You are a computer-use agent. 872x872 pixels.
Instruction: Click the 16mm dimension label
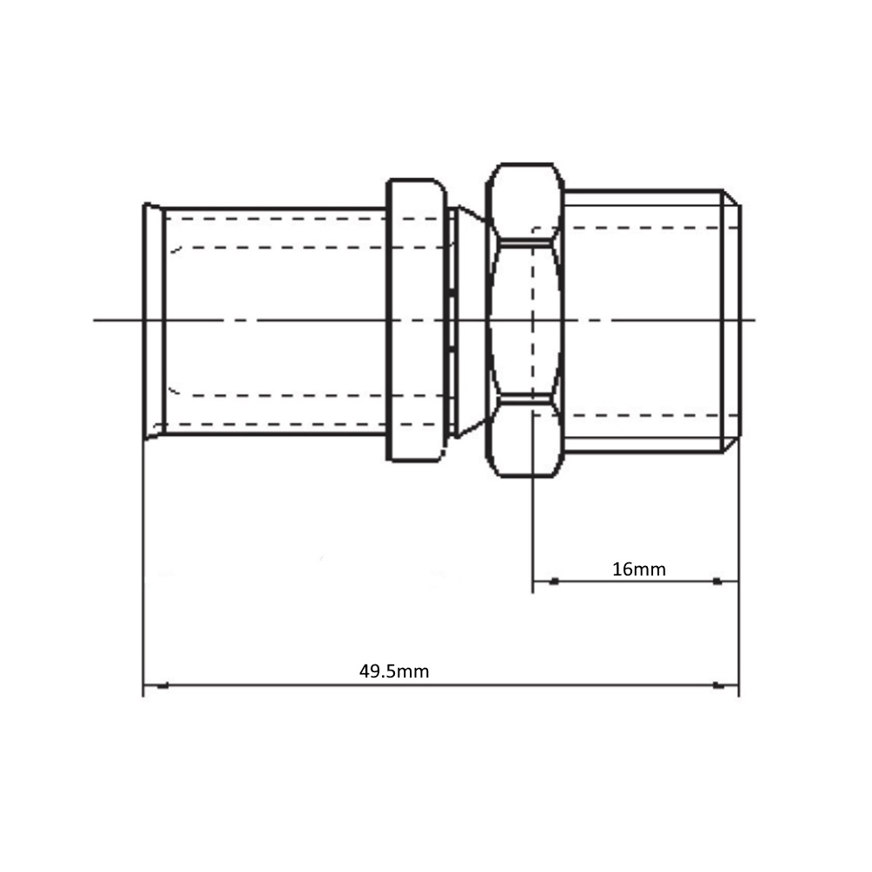pyautogui.click(x=638, y=569)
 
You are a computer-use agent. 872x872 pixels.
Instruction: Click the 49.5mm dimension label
pyautogui.click(x=394, y=671)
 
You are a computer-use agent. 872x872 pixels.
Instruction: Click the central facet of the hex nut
pyautogui.click(x=525, y=320)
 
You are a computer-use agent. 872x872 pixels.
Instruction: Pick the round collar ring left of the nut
pyautogui.click(x=417, y=320)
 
